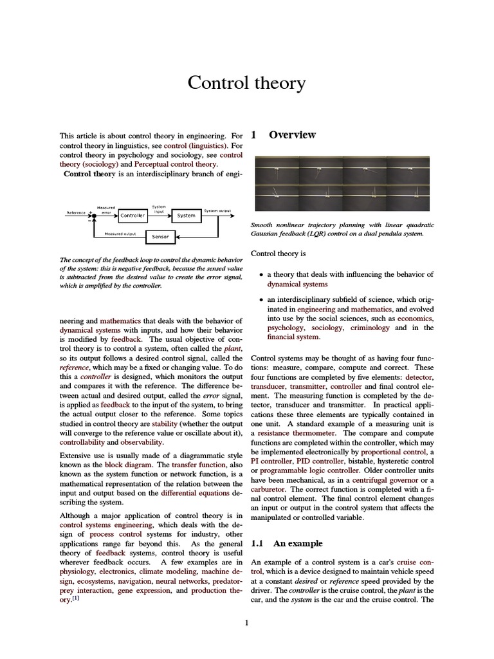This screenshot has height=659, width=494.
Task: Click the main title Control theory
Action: coord(247,83)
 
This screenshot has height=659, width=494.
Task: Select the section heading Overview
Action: coord(292,135)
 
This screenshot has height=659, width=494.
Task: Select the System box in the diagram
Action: coord(186,216)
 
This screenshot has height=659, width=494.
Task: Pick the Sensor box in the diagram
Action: coord(160,237)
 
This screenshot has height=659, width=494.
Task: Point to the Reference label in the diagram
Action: coord(76,212)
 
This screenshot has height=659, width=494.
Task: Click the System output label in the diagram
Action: coord(217,210)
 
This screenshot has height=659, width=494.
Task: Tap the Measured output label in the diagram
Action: coord(120,234)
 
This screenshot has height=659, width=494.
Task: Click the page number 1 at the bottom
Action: coord(247,622)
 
